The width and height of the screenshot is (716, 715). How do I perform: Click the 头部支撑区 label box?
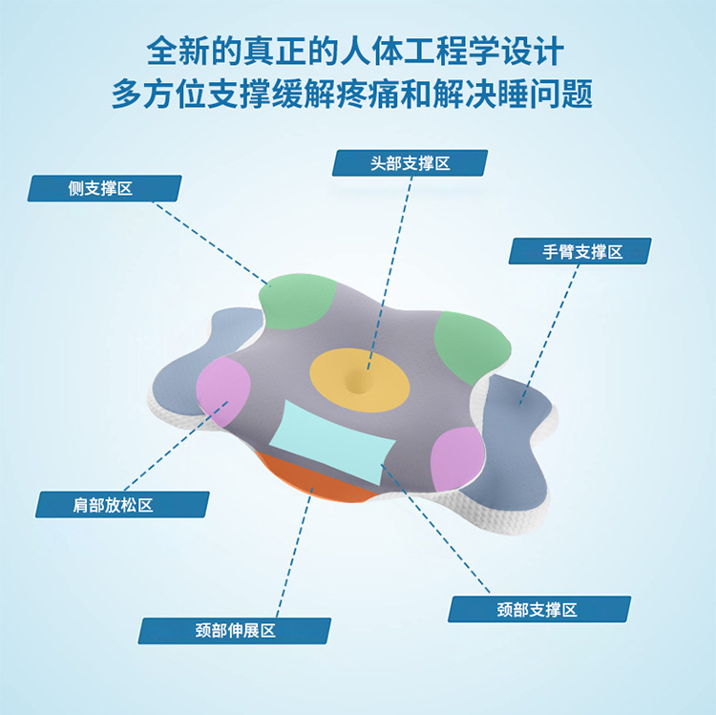(410, 163)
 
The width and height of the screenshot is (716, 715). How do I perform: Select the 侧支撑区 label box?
(104, 188)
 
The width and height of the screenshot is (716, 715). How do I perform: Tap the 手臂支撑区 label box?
(581, 251)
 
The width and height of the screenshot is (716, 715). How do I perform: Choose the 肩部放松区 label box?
(122, 504)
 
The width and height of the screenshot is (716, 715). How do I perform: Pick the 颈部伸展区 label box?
(235, 630)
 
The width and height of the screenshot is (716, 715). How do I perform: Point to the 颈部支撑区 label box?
(539, 609)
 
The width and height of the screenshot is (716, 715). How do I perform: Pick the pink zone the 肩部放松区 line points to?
(224, 390)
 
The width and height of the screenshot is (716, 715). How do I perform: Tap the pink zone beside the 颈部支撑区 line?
(457, 460)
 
